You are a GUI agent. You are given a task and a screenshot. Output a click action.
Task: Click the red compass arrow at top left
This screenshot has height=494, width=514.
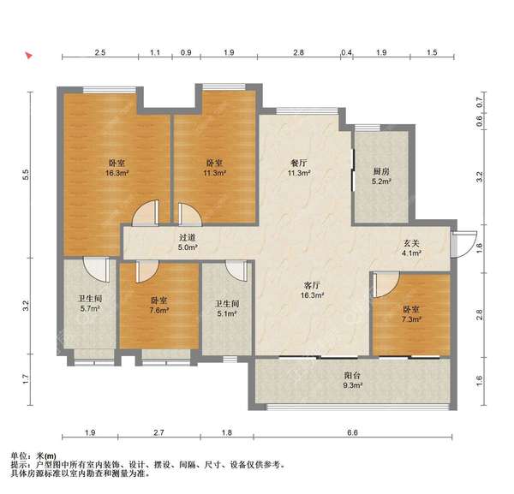click(29, 55)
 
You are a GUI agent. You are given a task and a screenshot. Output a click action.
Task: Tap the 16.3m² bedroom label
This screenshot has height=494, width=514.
click(117, 168)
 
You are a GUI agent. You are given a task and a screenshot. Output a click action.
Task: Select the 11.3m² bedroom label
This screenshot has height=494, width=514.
click(214, 168)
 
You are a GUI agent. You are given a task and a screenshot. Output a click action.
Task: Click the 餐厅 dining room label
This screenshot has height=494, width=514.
click(299, 168)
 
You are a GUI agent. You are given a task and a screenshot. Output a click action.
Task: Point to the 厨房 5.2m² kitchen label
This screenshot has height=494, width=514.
click(381, 176)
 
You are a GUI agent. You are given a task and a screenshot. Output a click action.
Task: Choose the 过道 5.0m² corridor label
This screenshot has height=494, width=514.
click(188, 242)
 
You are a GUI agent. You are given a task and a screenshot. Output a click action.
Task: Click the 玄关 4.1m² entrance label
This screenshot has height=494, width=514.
click(411, 248)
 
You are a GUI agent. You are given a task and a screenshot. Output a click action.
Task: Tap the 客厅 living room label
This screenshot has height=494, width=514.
click(313, 290)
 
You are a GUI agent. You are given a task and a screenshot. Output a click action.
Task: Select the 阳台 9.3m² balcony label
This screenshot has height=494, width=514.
click(352, 380)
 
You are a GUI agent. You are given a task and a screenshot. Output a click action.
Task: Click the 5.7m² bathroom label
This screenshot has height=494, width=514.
click(90, 304)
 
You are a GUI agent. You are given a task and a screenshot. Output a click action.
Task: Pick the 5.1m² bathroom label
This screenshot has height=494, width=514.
click(227, 309)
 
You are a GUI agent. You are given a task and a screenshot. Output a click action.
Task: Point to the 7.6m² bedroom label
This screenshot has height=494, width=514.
click(159, 306)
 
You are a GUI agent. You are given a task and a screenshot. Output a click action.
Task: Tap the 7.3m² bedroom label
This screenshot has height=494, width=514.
click(411, 314)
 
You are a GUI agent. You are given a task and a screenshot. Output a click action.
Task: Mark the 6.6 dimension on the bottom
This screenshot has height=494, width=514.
click(352, 432)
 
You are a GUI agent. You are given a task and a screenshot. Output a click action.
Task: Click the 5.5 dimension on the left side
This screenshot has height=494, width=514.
click(26, 175)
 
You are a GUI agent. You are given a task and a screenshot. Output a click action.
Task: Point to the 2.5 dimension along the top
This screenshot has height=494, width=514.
click(100, 52)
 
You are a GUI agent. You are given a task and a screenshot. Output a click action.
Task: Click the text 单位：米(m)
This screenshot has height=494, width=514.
click(33, 455)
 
